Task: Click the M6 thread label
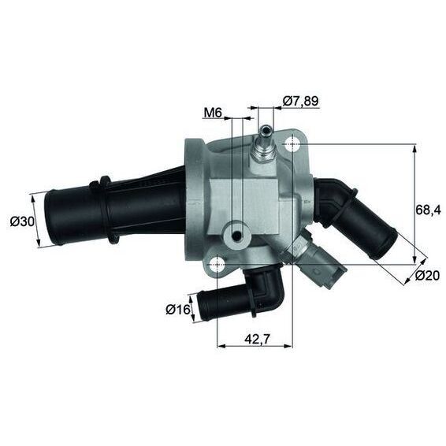coord(212,113)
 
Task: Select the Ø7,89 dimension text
coord(301,101)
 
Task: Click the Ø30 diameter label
coord(22,221)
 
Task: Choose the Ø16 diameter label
coord(177,310)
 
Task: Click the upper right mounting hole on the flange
coord(292,144)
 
